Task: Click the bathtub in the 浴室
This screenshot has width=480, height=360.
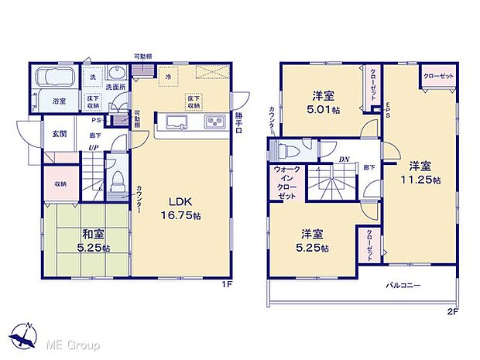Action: pos(53,79)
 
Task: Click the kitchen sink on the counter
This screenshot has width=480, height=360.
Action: pos(175,122)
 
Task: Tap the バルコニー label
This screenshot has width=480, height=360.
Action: pos(403,286)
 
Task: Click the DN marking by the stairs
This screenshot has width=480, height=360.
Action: pos(345,159)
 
